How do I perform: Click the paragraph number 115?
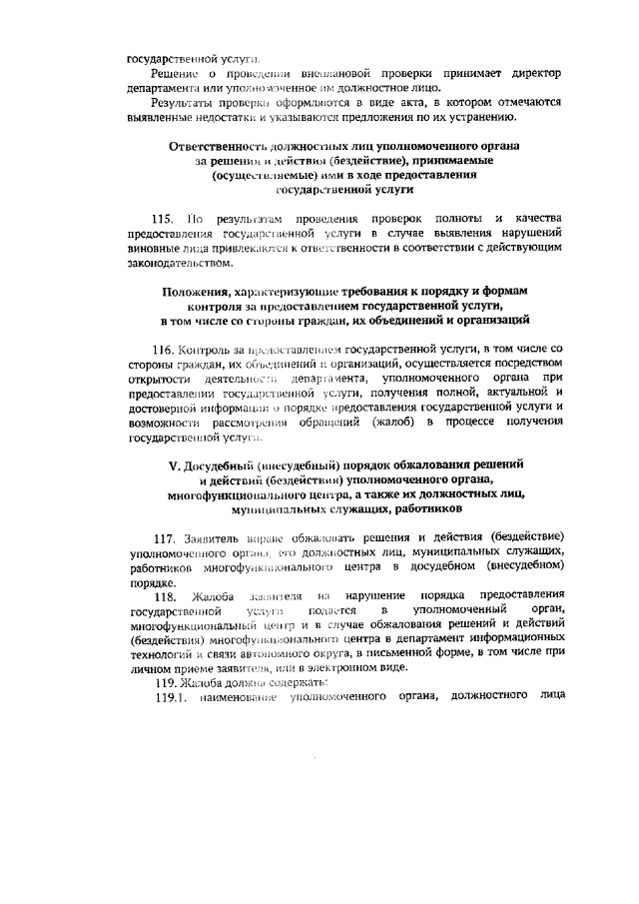163,218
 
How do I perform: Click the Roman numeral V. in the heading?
182,465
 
